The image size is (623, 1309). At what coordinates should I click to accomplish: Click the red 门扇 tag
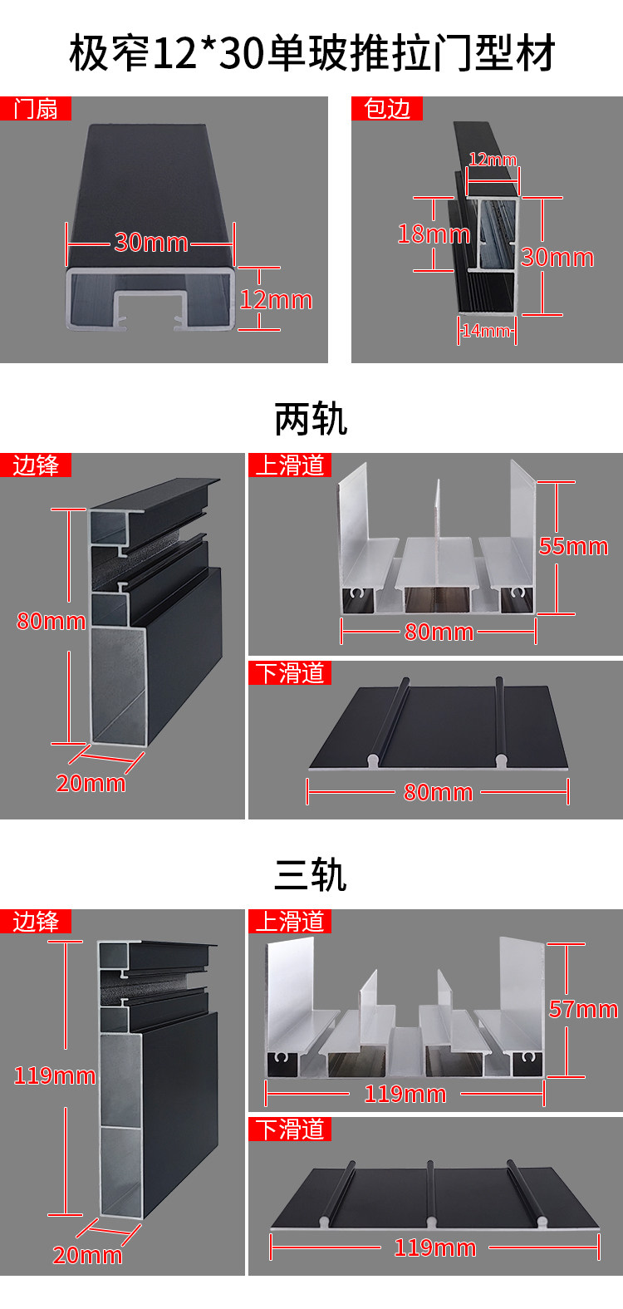point(36,109)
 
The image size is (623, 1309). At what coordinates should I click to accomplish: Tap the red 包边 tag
point(387,109)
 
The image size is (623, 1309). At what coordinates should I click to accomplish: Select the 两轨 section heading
point(311,420)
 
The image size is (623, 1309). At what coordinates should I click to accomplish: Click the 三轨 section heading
point(311,875)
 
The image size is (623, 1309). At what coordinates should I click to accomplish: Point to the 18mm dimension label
point(433,234)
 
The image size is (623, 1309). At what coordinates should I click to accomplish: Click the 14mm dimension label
point(486,331)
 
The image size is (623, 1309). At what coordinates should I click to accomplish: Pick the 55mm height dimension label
point(573,546)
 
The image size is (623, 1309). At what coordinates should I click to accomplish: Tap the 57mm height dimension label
point(583,1009)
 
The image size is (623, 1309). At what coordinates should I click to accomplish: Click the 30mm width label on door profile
point(151,242)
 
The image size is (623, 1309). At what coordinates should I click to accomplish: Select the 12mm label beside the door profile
point(276,299)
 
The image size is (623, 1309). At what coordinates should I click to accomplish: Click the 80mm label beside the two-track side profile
point(52,621)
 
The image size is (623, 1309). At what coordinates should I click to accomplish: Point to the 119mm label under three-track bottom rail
point(434,1247)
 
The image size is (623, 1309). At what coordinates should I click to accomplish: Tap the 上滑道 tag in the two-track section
point(290,465)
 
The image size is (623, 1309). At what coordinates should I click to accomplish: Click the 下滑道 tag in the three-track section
point(290,1129)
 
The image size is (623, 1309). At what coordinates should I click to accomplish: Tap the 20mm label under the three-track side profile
point(87,1255)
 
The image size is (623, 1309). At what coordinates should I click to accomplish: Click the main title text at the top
point(311,53)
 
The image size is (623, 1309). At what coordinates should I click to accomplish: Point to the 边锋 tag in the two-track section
point(36,465)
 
